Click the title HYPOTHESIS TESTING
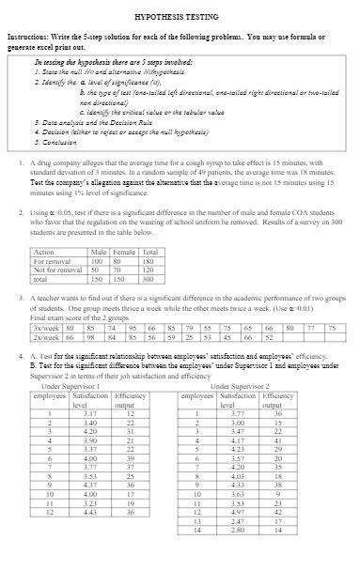[179, 16]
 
